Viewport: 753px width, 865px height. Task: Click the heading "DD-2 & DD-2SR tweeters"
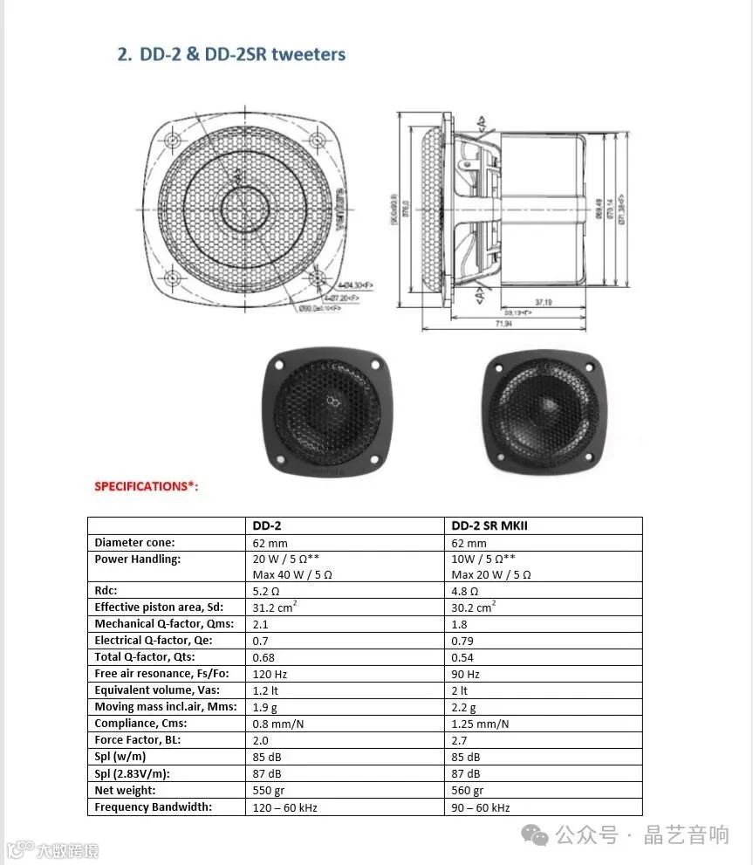(231, 54)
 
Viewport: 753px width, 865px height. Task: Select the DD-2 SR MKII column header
(489, 525)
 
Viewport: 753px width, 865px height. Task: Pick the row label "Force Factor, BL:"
(138, 740)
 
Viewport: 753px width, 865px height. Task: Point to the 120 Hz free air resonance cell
(270, 674)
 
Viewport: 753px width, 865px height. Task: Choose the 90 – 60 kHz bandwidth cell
(480, 807)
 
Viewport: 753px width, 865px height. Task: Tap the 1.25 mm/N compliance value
(480, 724)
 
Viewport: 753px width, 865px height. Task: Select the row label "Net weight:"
(125, 791)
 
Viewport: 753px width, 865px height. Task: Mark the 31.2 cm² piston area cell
(273, 608)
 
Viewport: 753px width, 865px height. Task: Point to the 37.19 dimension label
(542, 302)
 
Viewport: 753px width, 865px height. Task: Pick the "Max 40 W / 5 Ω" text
(292, 574)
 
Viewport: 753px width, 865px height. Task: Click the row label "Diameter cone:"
(134, 542)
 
